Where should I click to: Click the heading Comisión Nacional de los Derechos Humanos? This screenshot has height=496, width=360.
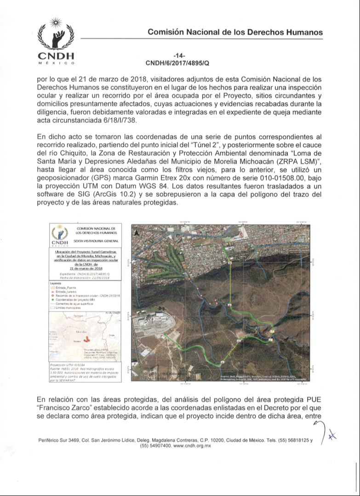click(x=235, y=32)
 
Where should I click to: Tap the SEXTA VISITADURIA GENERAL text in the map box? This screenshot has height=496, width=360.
click(x=96, y=241)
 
